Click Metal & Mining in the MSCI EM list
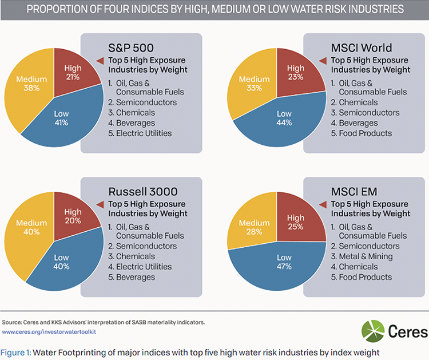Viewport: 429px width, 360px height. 365,256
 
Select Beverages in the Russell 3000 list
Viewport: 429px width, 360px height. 136,277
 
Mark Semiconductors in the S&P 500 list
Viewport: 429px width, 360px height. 146,102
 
